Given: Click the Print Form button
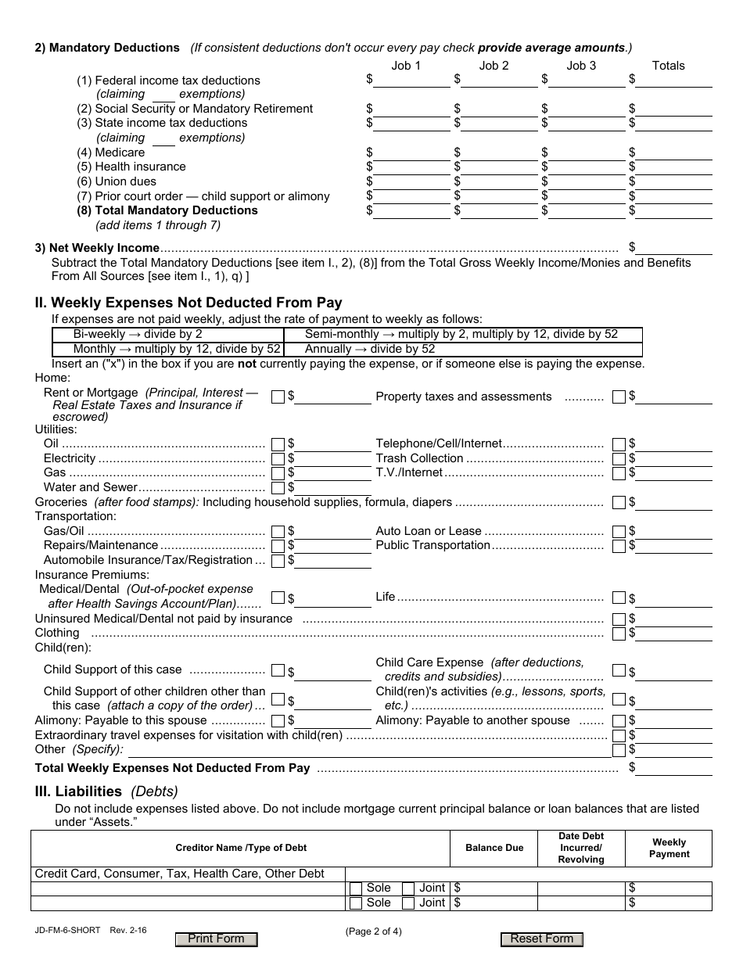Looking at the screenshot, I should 217,939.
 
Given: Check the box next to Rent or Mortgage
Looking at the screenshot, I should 278,397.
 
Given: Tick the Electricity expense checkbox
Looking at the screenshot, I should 278,459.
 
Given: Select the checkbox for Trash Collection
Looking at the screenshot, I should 619,459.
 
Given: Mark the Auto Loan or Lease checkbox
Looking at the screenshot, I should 619,532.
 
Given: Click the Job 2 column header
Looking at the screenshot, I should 494,66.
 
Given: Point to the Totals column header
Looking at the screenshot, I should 668,66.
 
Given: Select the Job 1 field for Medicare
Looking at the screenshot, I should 411,153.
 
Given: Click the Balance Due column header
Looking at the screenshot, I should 494,848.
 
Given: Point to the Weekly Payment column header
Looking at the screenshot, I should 669,848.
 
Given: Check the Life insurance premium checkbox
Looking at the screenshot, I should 619,598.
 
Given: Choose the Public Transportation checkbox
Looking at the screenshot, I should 619,546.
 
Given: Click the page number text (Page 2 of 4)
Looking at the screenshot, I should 374,931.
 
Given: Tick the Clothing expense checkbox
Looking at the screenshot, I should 619,634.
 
